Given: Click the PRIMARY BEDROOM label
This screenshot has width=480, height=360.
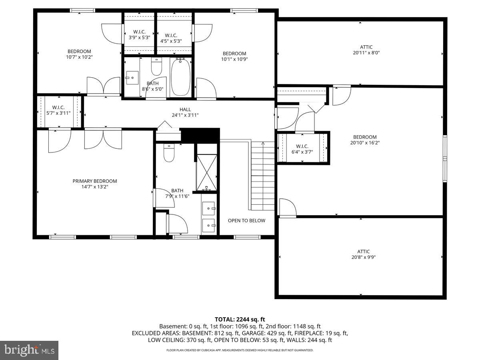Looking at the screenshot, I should pos(94,181).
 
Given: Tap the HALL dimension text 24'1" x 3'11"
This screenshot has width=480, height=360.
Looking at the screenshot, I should pos(185,115).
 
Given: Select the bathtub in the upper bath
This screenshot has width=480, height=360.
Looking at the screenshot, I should pos(180,77).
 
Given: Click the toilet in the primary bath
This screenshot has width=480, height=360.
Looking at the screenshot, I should pos(169,154).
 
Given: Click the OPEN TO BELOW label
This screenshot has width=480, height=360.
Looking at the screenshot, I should pos(246,221).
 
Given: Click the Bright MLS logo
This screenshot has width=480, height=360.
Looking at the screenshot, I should pos(29,350).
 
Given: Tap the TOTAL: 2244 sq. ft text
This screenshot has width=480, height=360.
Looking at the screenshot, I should pos(240,319).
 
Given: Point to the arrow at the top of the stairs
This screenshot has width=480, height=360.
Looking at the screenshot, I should pos(263,143).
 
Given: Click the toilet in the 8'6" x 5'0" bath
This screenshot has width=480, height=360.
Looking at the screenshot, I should pos(156,67).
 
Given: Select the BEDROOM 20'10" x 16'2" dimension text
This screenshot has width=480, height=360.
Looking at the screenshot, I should pos(364,143).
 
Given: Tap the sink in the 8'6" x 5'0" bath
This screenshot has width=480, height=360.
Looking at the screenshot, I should pos(132,77).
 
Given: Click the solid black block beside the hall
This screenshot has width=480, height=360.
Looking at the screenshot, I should pos(200,135).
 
